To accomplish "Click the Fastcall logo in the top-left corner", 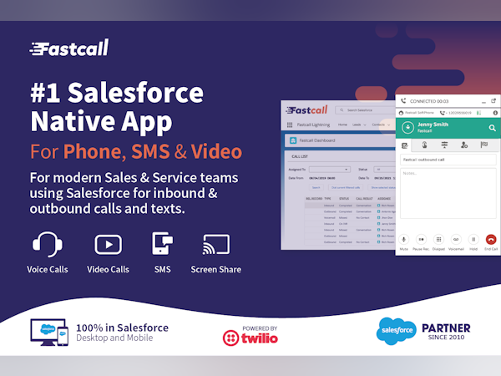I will pos(68,48).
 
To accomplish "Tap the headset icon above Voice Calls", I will pos(47,244).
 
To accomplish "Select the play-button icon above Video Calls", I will pos(106,244).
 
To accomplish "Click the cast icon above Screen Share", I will pos(215,244).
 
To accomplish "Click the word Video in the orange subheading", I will pos(216,152).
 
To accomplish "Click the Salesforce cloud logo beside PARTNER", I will pos(397,332).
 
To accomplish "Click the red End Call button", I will pos(490,239).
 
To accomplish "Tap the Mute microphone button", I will pos(403,239).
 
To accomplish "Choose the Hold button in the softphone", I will pos(473,239).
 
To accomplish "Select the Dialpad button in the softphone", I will pos(438,239).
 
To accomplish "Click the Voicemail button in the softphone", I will pos(456,239).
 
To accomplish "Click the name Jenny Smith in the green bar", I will pos(435,124).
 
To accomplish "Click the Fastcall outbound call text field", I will pos(448,159).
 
